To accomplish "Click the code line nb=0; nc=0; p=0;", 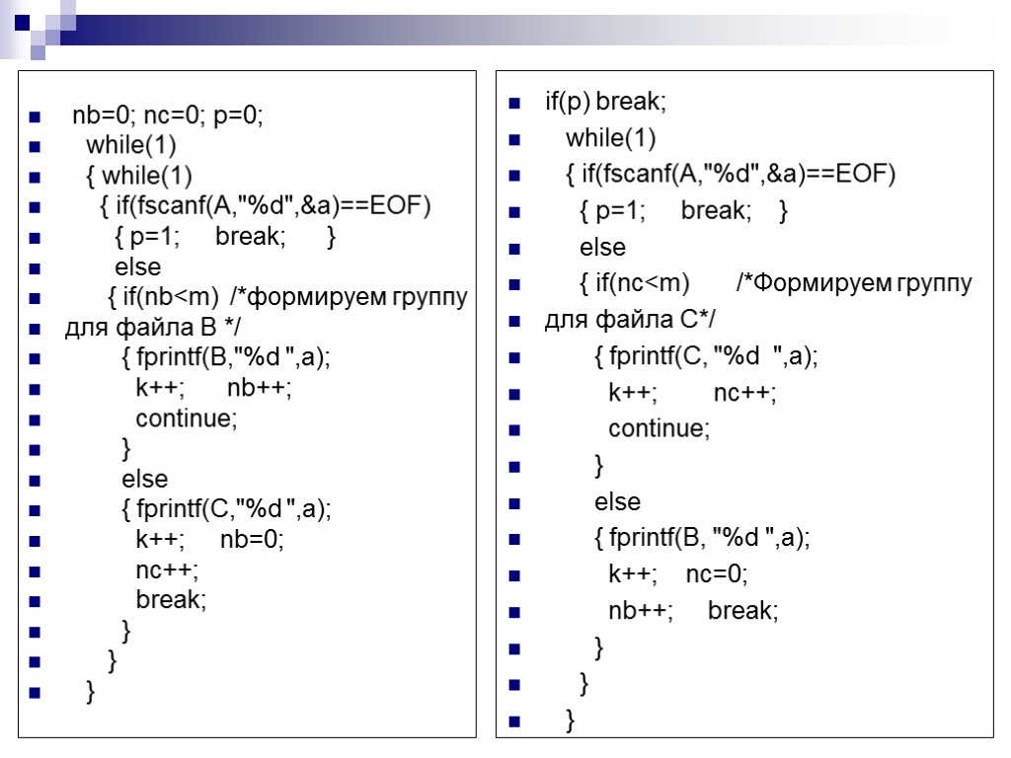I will tap(168, 116).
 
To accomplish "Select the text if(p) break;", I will tap(605, 102).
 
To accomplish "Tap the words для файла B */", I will tap(152, 328).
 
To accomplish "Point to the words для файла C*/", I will tap(631, 321).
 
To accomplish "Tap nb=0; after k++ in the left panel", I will tap(252, 540).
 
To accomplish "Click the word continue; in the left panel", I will tap(187, 418).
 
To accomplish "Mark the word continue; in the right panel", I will tap(659, 428).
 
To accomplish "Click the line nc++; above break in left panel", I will tap(167, 569).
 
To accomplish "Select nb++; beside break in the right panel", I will tap(641, 611).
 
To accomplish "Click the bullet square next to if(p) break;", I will tap(514, 104).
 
